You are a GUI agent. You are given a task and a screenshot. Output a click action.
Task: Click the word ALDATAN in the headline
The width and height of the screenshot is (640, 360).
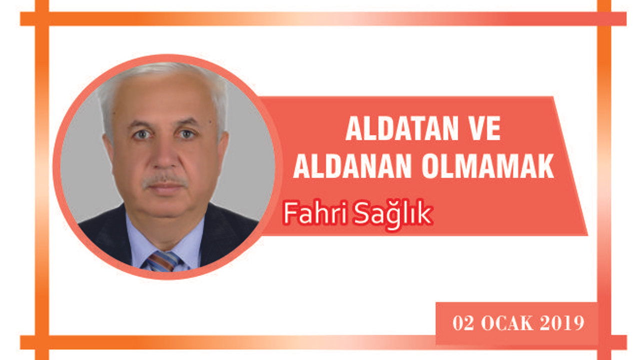click(402, 128)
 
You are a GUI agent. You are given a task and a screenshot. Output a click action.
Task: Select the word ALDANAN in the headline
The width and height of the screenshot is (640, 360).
click(352, 166)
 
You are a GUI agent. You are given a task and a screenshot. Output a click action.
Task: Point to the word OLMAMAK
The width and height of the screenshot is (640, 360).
click(488, 166)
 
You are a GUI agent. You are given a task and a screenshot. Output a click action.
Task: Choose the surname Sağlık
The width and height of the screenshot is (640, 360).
click(393, 214)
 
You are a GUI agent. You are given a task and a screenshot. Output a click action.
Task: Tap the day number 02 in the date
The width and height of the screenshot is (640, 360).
click(463, 323)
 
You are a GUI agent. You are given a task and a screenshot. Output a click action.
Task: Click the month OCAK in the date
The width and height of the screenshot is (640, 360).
click(507, 323)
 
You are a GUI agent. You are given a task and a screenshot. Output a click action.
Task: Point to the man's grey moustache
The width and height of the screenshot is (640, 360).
click(165, 180)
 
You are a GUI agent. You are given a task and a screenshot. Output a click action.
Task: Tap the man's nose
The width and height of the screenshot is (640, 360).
click(164, 155)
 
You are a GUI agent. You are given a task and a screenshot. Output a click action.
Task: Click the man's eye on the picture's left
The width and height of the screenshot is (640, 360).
click(142, 134)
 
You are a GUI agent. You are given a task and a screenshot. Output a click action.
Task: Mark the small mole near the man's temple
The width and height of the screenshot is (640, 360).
click(210, 122)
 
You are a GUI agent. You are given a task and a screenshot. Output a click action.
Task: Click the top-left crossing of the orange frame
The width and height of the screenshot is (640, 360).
click(42, 19)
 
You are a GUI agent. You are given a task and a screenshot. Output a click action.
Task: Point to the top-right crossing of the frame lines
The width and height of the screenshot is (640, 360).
click(604, 19)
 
